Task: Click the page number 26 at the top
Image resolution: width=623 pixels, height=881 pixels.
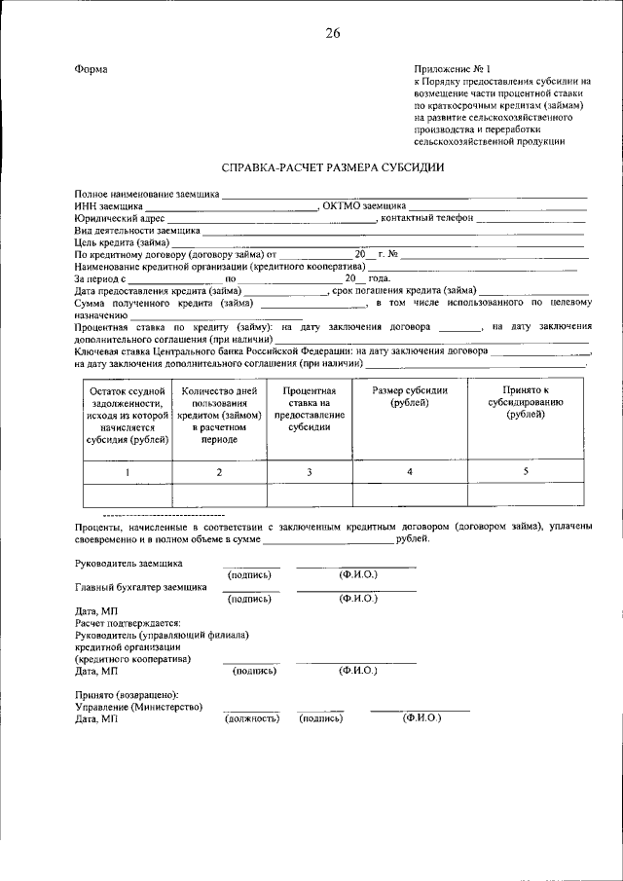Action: coord(333,34)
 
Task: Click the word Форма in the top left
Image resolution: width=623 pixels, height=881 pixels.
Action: coord(91,69)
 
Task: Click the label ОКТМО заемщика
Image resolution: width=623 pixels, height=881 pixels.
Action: coord(363,206)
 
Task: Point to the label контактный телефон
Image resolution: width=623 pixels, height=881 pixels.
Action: coord(427,218)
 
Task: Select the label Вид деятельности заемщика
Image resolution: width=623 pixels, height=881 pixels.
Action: coord(137,231)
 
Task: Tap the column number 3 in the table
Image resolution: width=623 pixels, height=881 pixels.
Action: coord(309,472)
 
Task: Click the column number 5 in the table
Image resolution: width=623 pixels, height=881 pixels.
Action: coord(526,471)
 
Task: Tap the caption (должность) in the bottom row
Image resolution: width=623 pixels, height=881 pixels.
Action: coord(252,718)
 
